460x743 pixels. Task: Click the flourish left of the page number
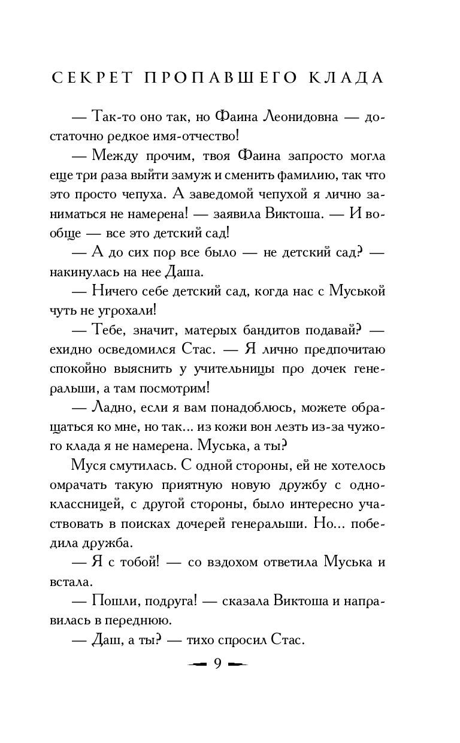tap(196, 665)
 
